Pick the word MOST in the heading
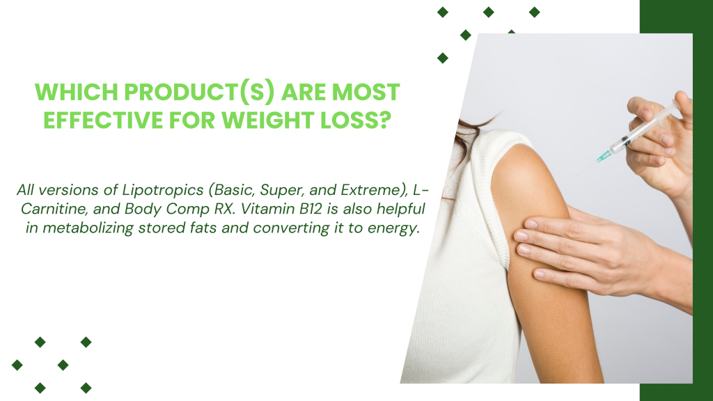pos(366,92)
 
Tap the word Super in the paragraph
pos(279,190)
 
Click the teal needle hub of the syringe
pos(604,157)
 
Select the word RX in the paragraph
pos(224,209)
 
